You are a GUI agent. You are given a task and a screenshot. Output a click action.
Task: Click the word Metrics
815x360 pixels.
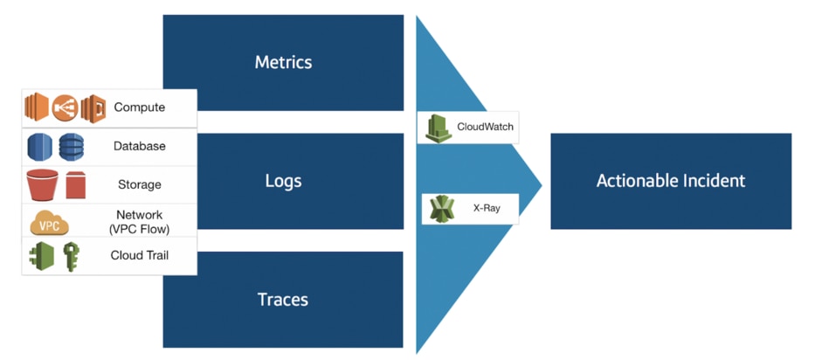click(283, 62)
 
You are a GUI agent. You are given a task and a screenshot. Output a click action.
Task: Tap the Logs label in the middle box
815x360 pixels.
click(283, 181)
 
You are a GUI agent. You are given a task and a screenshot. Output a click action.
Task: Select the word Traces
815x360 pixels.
click(283, 300)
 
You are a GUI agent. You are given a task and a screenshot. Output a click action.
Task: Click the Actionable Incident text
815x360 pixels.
click(671, 181)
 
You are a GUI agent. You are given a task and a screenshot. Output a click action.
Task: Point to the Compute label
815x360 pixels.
click(139, 107)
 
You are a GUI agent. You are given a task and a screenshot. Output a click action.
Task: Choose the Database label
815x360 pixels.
click(139, 146)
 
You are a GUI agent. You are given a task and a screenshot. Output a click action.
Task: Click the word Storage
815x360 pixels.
click(139, 184)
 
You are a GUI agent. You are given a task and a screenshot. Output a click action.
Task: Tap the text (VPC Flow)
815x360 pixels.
click(139, 229)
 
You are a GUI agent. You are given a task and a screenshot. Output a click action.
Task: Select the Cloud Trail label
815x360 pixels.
click(139, 255)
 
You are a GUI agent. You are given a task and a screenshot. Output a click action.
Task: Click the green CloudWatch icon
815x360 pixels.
click(439, 128)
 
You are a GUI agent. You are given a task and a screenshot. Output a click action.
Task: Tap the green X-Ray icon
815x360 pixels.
click(442, 209)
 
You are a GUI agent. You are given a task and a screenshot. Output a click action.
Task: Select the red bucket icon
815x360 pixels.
click(43, 184)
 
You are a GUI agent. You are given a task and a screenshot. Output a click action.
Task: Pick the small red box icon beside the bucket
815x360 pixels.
click(75, 185)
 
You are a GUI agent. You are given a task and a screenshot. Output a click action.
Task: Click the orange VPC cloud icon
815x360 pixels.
click(49, 223)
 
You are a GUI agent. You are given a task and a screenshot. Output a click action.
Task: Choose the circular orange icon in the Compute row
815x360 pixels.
click(65, 108)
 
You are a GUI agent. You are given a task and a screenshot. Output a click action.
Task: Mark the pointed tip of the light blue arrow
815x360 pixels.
click(542, 184)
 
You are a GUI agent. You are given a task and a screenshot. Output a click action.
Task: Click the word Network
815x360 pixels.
click(139, 215)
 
